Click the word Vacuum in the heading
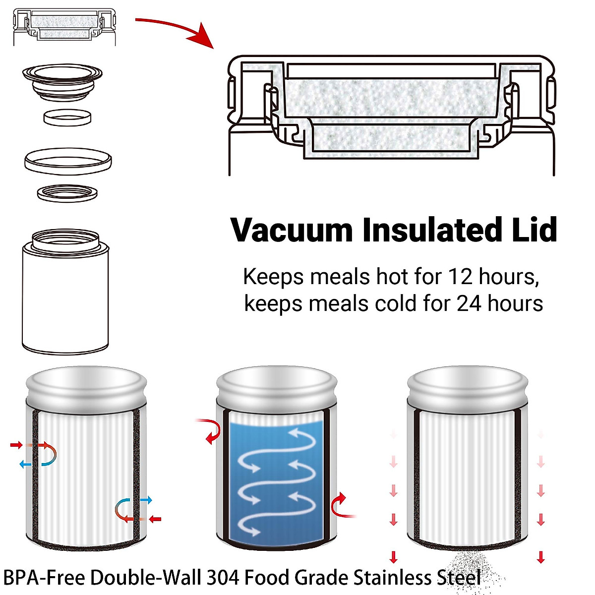click(x=292, y=230)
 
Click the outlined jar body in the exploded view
click(x=65, y=297)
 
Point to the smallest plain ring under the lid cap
click(x=67, y=118)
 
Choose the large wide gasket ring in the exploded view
click(x=68, y=161)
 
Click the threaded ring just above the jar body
click(x=67, y=192)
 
